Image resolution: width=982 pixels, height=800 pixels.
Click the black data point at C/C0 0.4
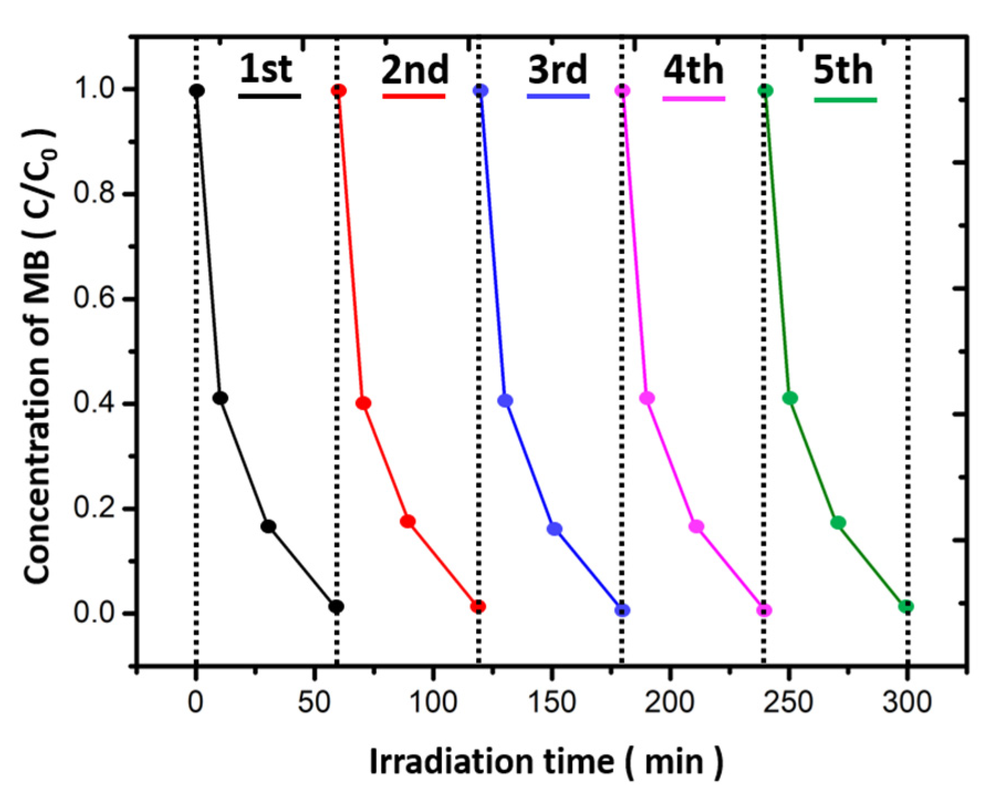pos(220,398)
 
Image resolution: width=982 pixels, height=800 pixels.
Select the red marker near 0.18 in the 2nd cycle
pos(408,521)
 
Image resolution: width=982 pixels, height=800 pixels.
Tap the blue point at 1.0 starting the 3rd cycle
pos(481,90)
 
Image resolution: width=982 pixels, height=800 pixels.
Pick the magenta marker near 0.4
pos(647,398)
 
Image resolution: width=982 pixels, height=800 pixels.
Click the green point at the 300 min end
pos(906,606)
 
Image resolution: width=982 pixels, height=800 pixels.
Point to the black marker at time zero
pos(197,90)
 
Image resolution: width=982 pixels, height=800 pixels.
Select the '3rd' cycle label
pos(557,70)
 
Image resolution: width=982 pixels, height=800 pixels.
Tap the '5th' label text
pos(843,71)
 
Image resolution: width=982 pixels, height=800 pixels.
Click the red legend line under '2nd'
pos(414,97)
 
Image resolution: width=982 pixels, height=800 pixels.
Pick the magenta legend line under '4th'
pos(693,98)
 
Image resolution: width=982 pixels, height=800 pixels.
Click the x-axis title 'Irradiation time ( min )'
pos(546,762)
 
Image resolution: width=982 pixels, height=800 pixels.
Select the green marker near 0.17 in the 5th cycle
pos(838,522)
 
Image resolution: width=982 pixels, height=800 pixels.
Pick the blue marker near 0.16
pos(555,529)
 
